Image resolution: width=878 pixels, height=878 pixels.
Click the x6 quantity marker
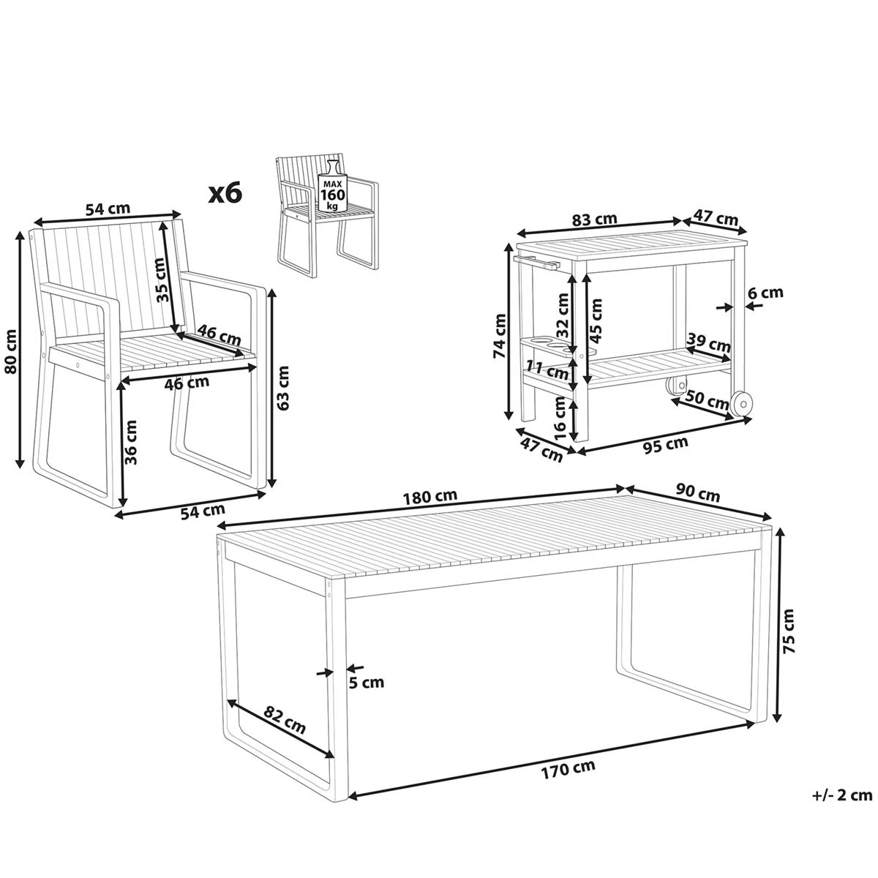coord(225,193)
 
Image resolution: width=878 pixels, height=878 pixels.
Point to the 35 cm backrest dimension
coord(160,279)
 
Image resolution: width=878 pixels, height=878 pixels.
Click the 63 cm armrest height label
coord(283,389)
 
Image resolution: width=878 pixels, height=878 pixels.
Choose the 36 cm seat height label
coord(131,443)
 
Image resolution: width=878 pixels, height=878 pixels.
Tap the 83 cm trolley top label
coord(595,219)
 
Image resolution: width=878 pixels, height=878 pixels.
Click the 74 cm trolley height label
coord(500,336)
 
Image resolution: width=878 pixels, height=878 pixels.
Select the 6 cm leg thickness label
coord(766,292)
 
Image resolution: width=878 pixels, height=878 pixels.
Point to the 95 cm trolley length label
coord(665,445)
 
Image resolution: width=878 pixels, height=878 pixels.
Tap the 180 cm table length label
coord(429,497)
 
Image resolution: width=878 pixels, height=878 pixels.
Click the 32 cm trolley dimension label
coord(563,315)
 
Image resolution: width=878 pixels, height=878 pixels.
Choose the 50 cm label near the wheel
coord(707,400)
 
